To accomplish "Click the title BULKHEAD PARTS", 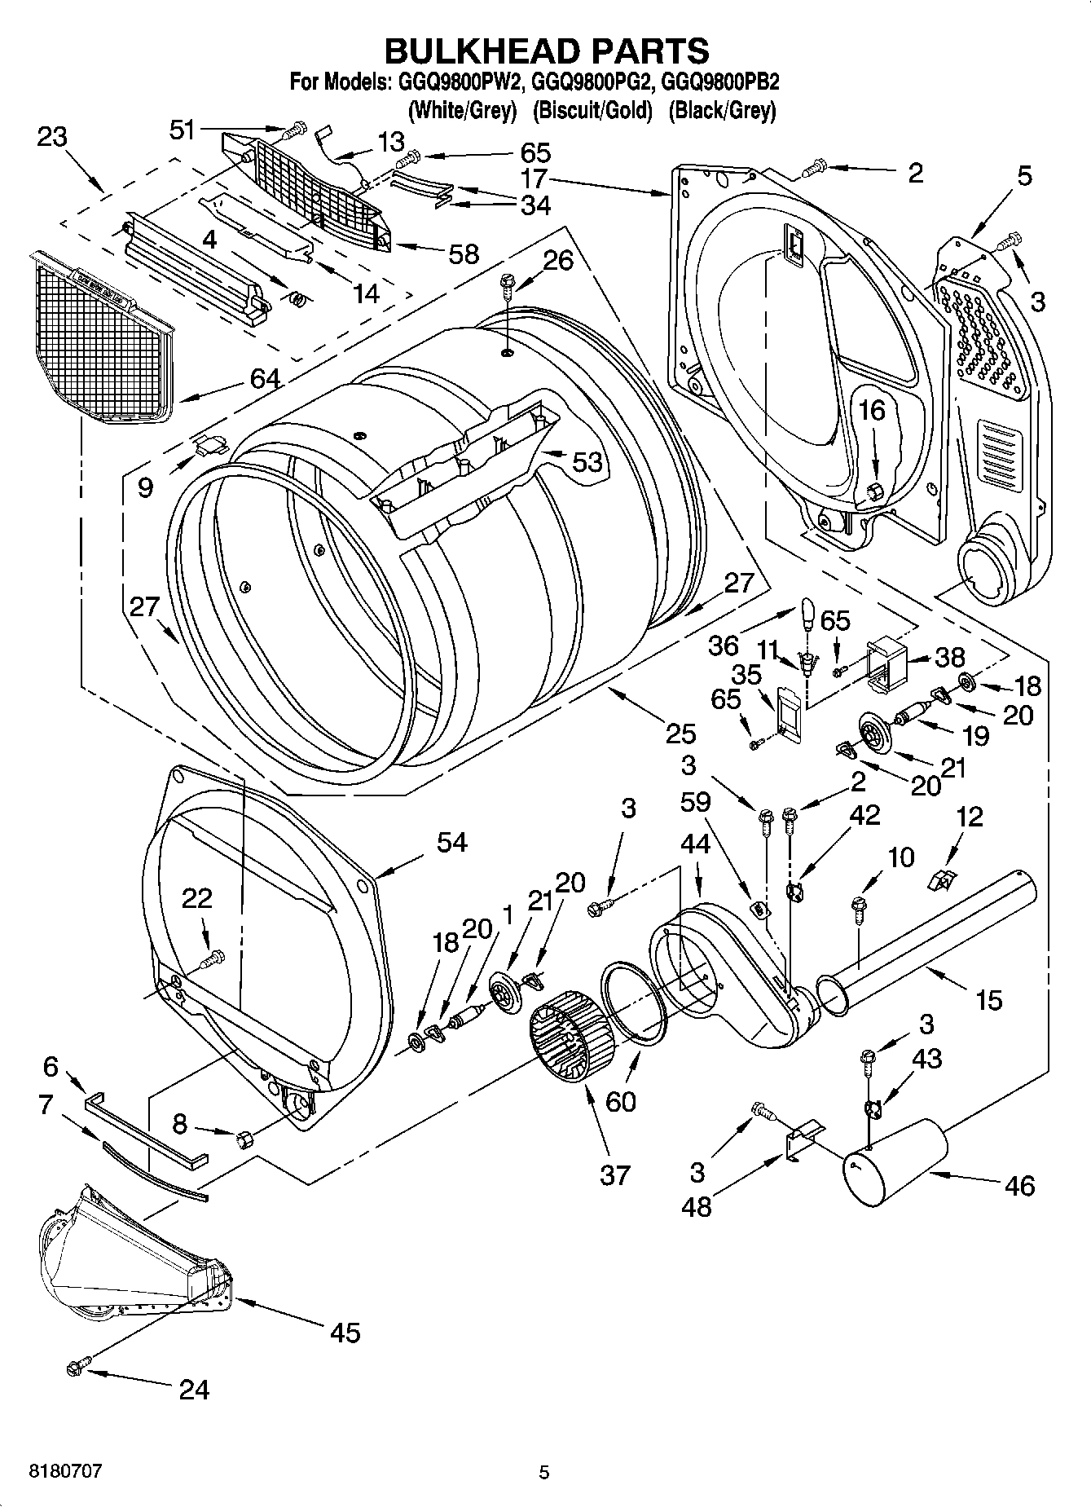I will coord(546,51).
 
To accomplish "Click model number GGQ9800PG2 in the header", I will coord(592,82).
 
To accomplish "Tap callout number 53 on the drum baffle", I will coord(587,462).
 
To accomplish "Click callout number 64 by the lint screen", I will coord(266,378).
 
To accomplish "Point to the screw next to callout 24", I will coord(81,1364).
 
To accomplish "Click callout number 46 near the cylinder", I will coord(1019,1185).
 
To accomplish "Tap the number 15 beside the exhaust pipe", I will coord(988,1000).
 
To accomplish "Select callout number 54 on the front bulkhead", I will coord(451,842).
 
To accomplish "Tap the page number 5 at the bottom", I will coord(544,1473).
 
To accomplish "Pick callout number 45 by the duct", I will coord(345,1333).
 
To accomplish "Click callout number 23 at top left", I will coord(52,136).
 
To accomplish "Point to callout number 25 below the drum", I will coord(680,734).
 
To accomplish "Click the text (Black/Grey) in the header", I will coord(722,110).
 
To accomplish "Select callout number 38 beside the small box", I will coord(950,657).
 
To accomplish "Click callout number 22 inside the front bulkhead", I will coord(196,898).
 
